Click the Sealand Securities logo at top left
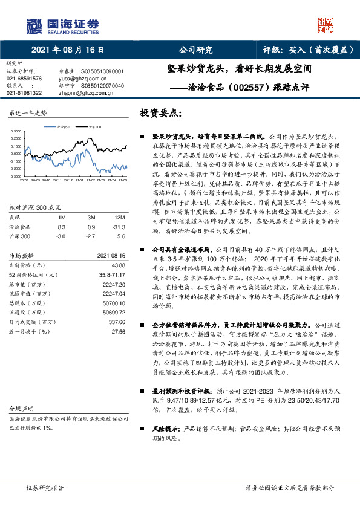click(61, 24)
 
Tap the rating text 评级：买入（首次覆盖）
click(309, 50)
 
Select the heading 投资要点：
click(160, 113)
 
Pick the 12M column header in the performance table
click(119, 217)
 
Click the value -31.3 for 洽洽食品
click(119, 225)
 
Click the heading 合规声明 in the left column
click(19, 392)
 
